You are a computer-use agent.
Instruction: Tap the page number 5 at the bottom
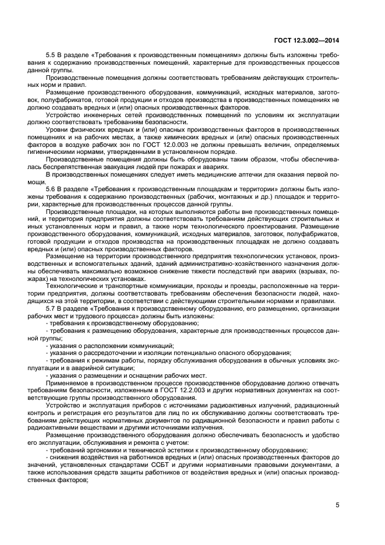pos(337,505)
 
